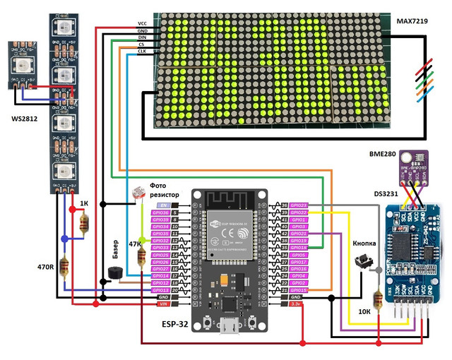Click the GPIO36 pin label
pyautogui.click(x=160, y=212)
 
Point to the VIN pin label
pyautogui.click(x=162, y=304)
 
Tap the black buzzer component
pyautogui.click(x=113, y=272)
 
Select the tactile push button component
pyautogui.click(x=364, y=263)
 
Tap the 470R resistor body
pyautogui.click(x=65, y=268)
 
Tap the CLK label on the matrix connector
pyautogui.click(x=142, y=52)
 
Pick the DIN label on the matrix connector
pyautogui.click(x=142, y=37)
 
